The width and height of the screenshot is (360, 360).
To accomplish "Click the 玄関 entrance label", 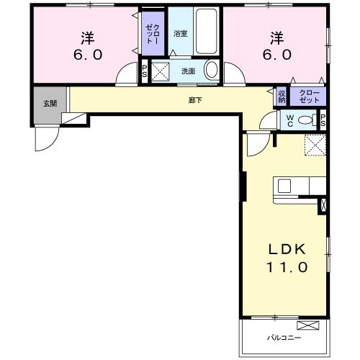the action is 50,104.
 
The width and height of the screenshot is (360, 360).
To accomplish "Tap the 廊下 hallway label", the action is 195,100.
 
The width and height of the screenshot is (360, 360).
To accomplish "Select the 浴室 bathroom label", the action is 180,34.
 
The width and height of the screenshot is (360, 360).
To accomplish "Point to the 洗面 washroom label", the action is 188,71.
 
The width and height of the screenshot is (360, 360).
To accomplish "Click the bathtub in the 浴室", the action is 207,31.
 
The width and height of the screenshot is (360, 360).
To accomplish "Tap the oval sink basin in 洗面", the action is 212,70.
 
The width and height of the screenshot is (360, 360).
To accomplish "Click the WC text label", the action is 290,121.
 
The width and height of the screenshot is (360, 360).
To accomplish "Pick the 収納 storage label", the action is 282,96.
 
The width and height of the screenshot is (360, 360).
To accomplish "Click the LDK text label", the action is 287,249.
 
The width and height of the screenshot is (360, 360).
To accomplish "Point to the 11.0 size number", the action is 287,267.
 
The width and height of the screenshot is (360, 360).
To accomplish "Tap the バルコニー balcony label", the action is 284,338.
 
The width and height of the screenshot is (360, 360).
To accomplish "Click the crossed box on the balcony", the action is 308,325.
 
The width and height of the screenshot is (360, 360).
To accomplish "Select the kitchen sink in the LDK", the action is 284,186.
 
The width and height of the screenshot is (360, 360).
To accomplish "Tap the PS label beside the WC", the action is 323,120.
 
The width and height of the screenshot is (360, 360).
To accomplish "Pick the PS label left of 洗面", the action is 145,71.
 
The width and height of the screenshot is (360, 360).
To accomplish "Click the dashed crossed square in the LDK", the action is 315,145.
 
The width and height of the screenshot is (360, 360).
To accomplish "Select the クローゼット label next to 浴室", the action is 153,34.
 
